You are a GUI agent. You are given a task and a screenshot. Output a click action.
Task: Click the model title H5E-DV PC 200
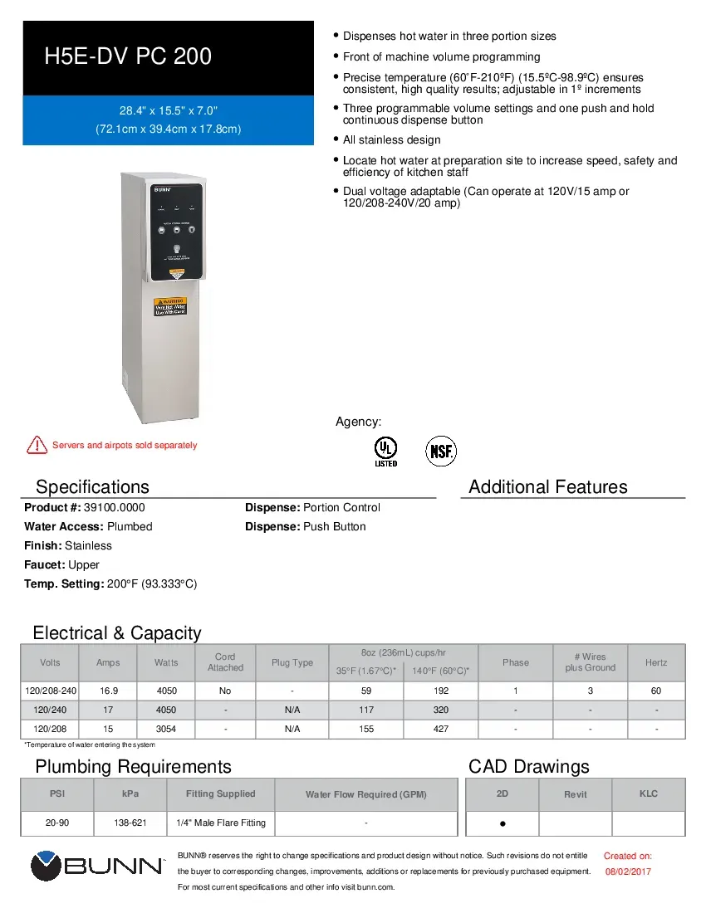coord(128,56)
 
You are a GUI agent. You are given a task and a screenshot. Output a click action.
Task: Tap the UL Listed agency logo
coord(385,451)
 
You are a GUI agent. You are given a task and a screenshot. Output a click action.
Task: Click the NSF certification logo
coord(441,452)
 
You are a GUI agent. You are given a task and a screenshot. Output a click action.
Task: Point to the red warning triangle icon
coord(37,445)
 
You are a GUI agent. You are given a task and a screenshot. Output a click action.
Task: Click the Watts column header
coord(166,662)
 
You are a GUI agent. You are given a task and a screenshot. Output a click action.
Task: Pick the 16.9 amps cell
coord(108,691)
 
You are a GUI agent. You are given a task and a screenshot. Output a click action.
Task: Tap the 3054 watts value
coord(166,729)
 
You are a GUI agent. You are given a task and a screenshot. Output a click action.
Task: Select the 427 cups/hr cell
coord(441,729)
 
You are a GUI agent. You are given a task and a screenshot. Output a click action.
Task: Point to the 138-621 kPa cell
coord(130,823)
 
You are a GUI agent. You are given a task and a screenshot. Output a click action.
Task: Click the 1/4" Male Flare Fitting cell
coord(221,823)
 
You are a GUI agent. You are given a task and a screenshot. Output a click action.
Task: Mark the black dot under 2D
coord(503,825)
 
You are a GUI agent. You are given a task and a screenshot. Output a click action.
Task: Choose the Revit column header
coord(576,794)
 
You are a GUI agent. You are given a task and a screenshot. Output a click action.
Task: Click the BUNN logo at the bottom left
coord(96,866)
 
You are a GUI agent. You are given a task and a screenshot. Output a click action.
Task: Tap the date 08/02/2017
coord(628,871)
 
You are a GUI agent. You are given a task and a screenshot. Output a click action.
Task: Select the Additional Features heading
coord(548,487)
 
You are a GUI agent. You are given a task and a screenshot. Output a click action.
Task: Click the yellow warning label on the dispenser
coord(171,305)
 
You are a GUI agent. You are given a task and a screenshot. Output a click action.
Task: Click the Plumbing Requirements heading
coord(133,766)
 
